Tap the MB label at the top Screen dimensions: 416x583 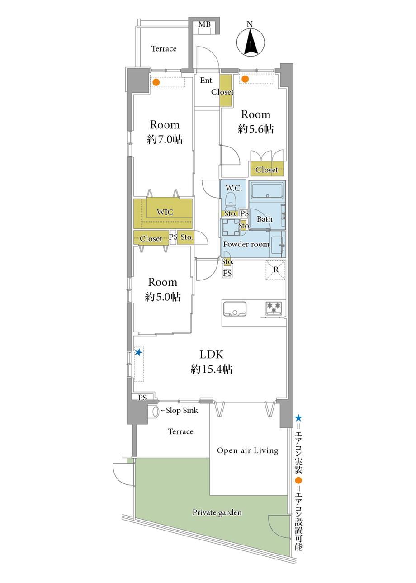204,24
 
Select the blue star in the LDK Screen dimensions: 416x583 138,352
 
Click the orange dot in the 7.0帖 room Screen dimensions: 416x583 156,82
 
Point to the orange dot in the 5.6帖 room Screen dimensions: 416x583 245,79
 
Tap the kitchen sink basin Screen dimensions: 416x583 235,308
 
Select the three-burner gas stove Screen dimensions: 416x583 274,309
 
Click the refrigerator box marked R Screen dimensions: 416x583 275,270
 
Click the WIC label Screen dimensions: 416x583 165,212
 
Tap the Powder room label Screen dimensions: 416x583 246,244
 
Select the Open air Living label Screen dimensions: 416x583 247,450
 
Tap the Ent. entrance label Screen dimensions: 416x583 207,81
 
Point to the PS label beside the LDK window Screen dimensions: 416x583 142,398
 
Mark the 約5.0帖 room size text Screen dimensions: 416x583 163,297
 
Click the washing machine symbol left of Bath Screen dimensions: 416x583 231,227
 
